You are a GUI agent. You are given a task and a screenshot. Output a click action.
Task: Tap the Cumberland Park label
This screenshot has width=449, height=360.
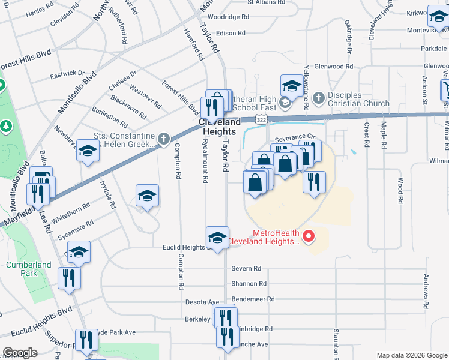22,269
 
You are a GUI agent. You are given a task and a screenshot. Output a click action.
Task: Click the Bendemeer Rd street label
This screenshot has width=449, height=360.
253,298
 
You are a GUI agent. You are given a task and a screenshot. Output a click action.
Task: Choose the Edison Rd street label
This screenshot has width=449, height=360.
232,34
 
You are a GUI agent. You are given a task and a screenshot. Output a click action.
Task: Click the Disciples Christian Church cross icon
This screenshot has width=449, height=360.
318,97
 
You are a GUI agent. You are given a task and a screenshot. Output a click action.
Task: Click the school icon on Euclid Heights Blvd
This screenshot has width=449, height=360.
217,238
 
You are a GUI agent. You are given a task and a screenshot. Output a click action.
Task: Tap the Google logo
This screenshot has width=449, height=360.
20,353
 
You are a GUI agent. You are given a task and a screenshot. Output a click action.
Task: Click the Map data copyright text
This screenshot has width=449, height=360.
411,355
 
